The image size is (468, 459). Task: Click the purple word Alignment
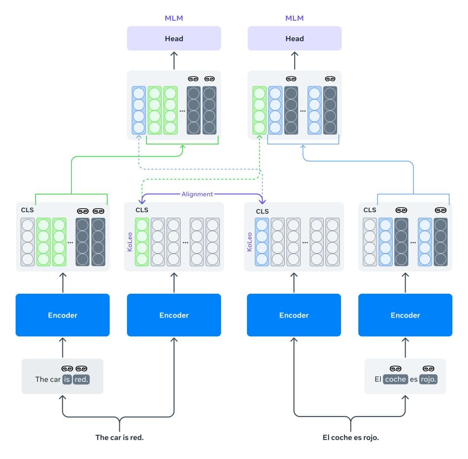click(x=197, y=194)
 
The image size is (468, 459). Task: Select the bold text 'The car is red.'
click(x=119, y=437)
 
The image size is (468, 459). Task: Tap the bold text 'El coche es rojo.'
click(x=351, y=437)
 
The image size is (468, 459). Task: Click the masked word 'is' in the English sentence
click(x=67, y=379)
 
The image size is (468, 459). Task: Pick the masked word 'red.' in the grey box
click(x=81, y=379)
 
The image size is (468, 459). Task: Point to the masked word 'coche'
click(x=396, y=379)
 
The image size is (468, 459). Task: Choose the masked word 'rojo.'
click(x=429, y=379)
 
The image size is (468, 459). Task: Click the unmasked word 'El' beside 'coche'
click(x=378, y=379)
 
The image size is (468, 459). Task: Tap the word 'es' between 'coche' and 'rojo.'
click(x=414, y=379)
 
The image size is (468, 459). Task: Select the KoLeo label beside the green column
click(x=130, y=242)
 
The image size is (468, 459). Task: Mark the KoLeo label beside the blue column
click(x=250, y=242)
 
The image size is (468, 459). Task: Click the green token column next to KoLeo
click(x=142, y=242)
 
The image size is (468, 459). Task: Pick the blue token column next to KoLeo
click(x=262, y=242)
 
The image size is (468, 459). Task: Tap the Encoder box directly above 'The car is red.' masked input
click(x=62, y=315)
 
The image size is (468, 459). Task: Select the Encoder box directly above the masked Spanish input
click(x=405, y=315)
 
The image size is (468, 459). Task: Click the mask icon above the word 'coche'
click(x=396, y=368)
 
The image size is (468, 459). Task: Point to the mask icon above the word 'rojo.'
click(x=429, y=368)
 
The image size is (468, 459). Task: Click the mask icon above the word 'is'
click(x=67, y=368)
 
